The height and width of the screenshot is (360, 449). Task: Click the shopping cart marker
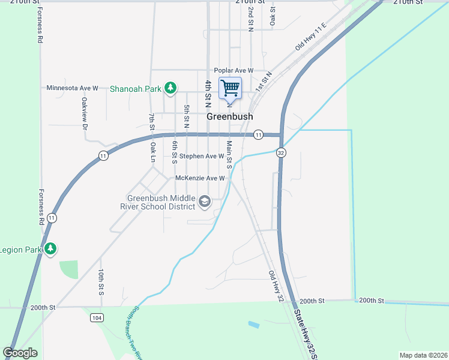point(230,89)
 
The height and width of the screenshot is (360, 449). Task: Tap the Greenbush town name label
point(229,117)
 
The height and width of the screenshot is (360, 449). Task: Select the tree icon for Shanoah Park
point(170,88)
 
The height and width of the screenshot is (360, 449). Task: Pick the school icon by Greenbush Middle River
point(205,202)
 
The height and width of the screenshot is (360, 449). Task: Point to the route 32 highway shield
point(280,153)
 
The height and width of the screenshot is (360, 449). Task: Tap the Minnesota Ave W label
point(72,88)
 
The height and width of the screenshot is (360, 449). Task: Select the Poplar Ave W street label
point(234,70)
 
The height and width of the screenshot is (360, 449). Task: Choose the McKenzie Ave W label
point(200,178)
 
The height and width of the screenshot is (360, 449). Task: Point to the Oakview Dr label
point(85,113)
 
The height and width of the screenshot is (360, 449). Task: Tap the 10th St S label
point(101,282)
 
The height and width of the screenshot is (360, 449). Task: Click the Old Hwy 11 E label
point(310,37)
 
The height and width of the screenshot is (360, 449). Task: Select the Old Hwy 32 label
point(276,286)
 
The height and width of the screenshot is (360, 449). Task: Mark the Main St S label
point(229,154)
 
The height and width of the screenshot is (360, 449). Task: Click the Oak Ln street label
point(153,152)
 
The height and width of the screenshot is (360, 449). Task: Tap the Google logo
point(20,353)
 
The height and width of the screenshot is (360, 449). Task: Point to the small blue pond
point(254,325)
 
